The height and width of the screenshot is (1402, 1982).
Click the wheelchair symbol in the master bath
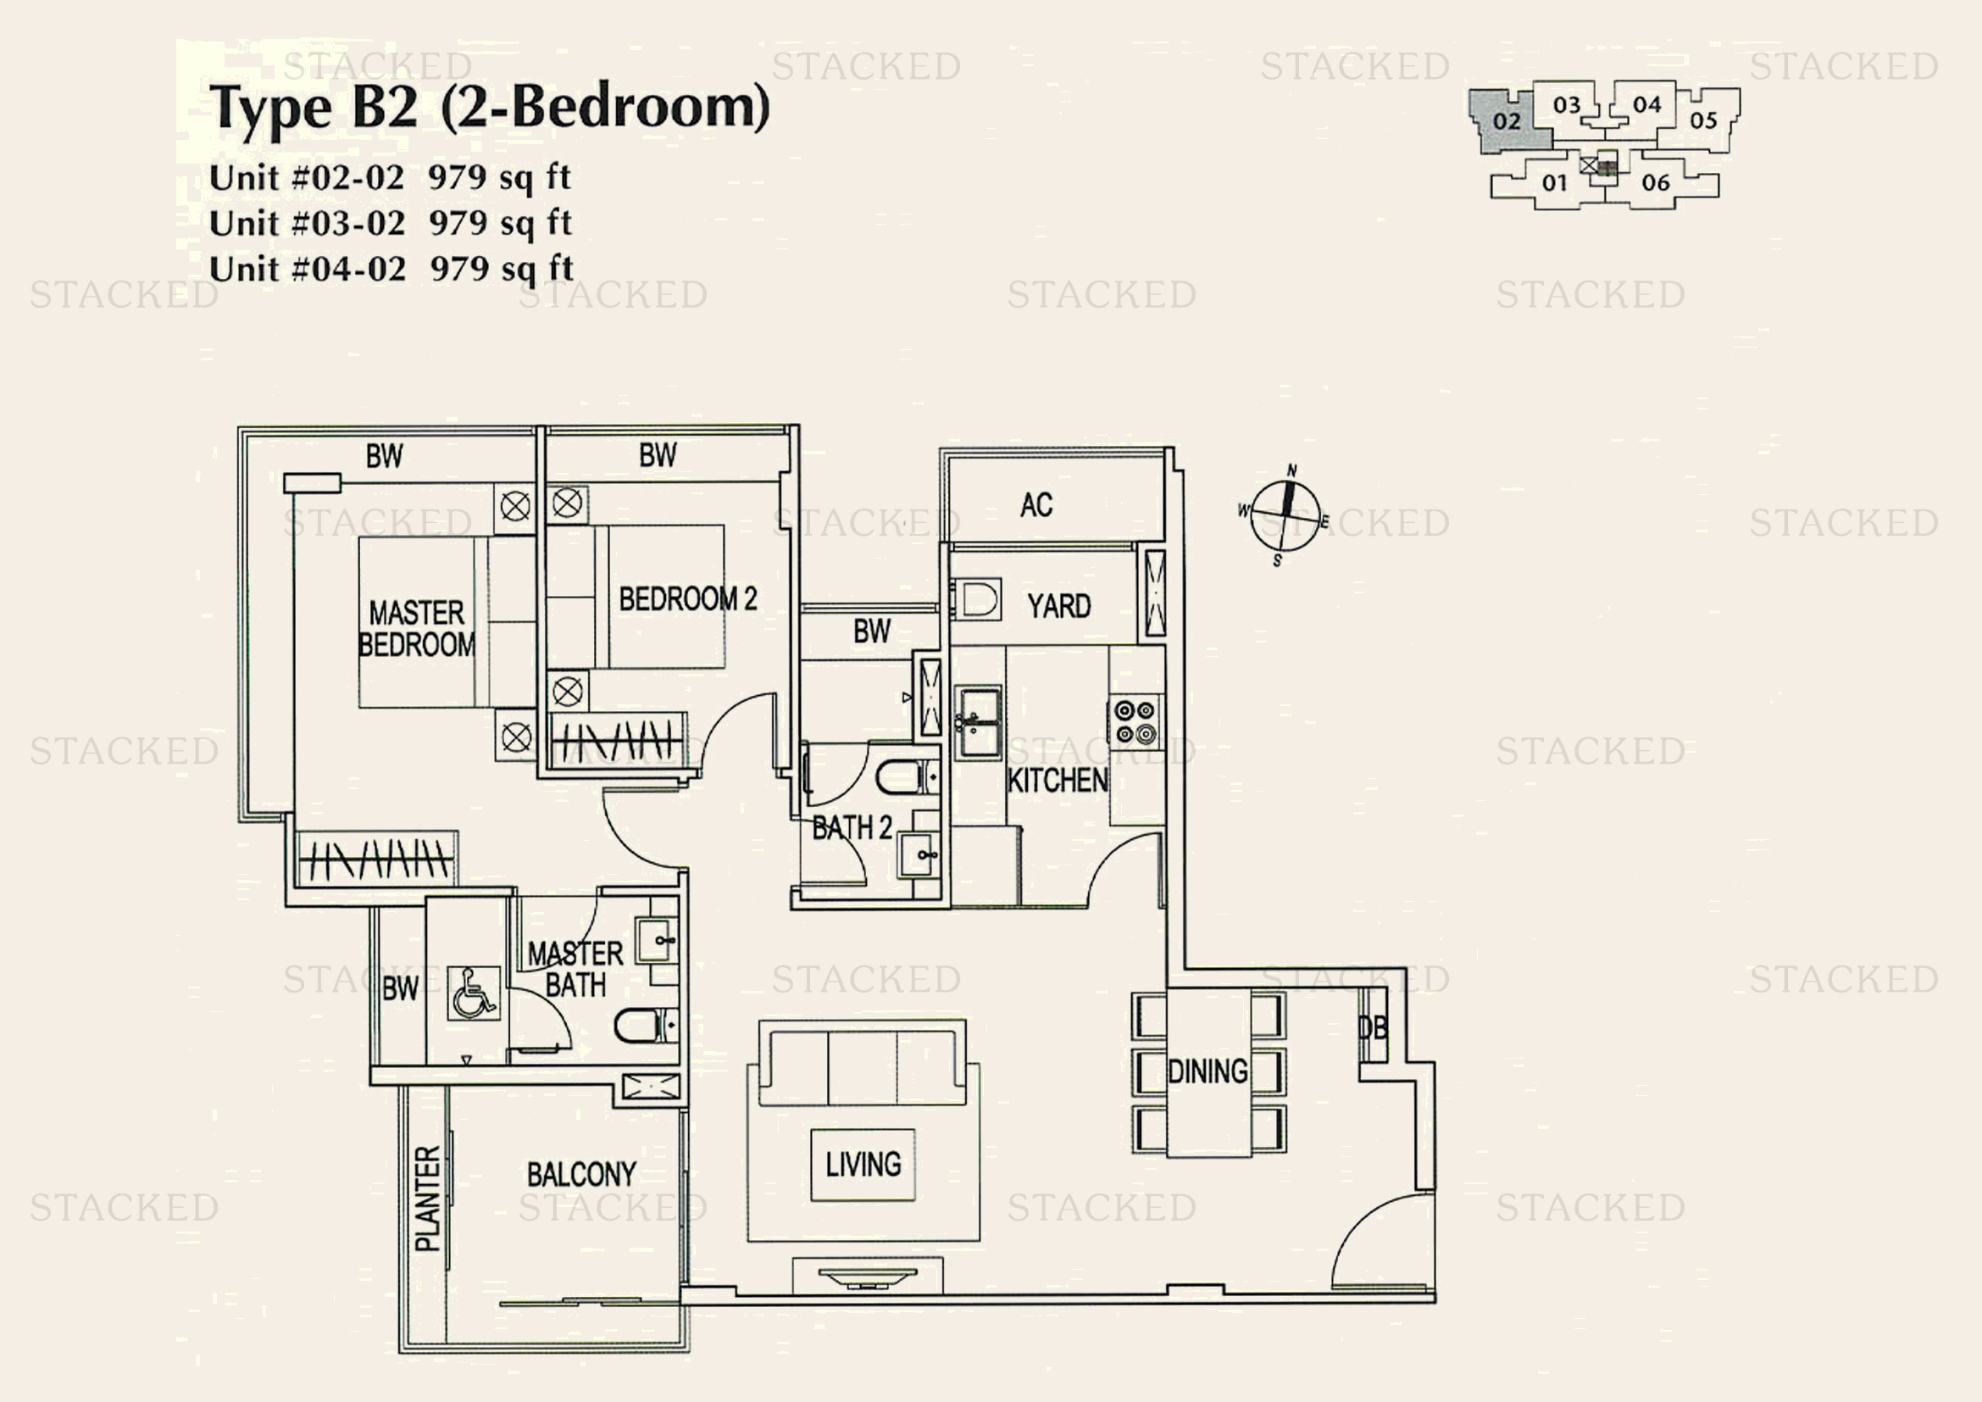pyautogui.click(x=474, y=993)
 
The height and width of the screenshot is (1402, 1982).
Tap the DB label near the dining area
pyautogui.click(x=1373, y=1027)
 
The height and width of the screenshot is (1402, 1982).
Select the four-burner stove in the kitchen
pyautogui.click(x=1135, y=722)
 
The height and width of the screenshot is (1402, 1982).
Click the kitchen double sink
pyautogui.click(x=977, y=722)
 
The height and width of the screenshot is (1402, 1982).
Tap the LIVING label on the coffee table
pyautogui.click(x=863, y=1165)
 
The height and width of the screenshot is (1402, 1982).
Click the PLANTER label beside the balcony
pyautogui.click(x=428, y=1199)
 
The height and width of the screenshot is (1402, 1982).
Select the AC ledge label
pyautogui.click(x=1035, y=505)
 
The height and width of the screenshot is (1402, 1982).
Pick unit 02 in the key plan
pyautogui.click(x=1507, y=121)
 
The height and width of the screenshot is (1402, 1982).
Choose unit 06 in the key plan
pyautogui.click(x=1656, y=183)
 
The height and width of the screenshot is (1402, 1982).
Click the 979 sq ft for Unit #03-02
pyautogui.click(x=500, y=224)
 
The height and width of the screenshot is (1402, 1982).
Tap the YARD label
pyautogui.click(x=1059, y=606)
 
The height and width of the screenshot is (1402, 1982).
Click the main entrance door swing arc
pyautogui.click(x=1373, y=1234)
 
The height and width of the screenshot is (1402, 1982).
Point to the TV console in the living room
pyautogui.click(x=868, y=1276)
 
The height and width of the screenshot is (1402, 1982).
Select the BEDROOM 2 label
pyautogui.click(x=687, y=599)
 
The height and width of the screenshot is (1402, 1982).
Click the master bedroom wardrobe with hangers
pyautogui.click(x=378, y=859)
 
